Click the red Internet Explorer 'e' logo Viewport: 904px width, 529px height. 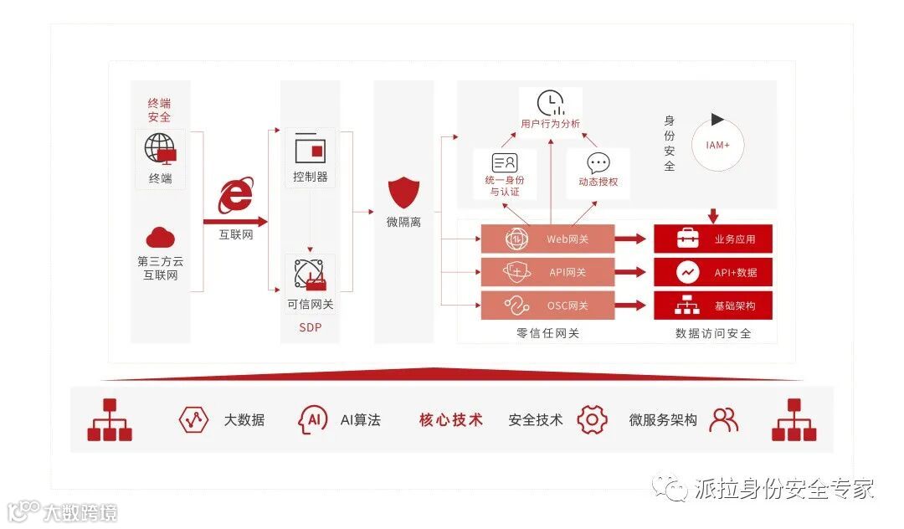235,196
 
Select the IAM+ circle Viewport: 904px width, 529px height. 717,145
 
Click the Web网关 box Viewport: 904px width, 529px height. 547,239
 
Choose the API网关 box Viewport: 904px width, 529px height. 547,272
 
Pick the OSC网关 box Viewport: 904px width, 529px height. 547,306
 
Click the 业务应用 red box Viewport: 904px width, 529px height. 712,239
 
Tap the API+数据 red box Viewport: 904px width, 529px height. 712,272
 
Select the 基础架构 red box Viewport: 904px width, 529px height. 712,306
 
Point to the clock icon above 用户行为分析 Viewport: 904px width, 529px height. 550,103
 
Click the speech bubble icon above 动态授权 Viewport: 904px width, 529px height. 598,163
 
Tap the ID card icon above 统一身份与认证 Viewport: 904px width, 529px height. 505,163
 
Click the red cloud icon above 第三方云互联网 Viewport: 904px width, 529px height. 160,238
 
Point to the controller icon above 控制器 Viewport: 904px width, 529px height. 310,148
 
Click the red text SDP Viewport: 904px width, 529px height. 310,327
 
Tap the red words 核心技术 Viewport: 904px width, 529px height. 451,420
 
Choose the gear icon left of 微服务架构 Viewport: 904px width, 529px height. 592,419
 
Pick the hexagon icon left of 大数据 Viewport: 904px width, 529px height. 193,419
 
